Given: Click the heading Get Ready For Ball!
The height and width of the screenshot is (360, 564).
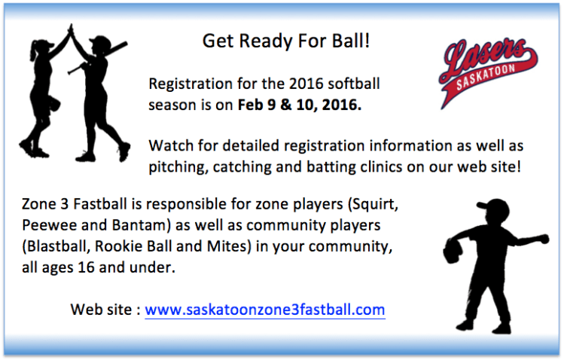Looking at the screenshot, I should pos(286,41).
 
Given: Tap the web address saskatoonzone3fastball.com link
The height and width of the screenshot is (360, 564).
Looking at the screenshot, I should pos(265,310).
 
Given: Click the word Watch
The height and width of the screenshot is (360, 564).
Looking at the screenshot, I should pos(169,145).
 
